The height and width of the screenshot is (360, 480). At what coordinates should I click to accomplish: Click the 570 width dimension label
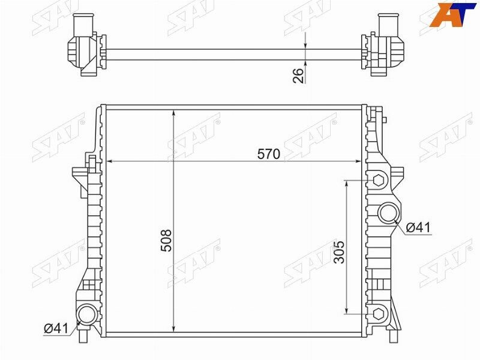[x=269, y=154]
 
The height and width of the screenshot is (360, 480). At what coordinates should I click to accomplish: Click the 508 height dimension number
[x=166, y=241]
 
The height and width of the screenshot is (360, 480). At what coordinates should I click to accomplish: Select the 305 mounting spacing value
[x=339, y=252]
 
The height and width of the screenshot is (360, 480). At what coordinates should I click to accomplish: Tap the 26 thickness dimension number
[x=298, y=76]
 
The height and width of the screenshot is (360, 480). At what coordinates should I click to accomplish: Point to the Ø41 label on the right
[x=418, y=227]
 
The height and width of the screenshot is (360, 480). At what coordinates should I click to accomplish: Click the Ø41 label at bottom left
[x=56, y=328]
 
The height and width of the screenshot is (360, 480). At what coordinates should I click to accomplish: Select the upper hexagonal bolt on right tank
[x=379, y=181]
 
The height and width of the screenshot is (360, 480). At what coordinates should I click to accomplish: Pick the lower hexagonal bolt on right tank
[x=379, y=314]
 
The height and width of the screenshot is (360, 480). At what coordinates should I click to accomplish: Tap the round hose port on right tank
[x=389, y=213]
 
